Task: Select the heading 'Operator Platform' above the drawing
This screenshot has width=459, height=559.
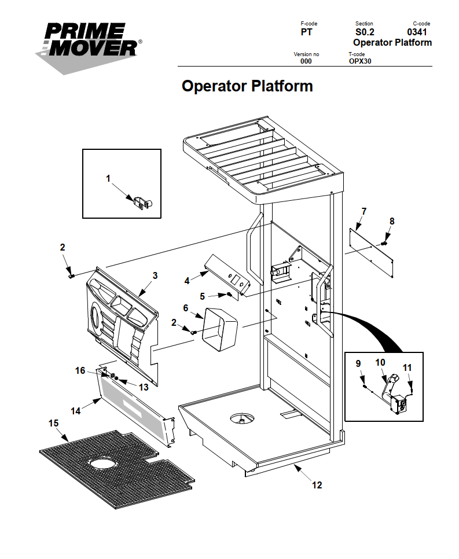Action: pyautogui.click(x=247, y=86)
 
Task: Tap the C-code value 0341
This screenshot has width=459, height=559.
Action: pyautogui.click(x=417, y=32)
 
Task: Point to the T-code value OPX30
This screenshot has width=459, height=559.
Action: pyautogui.click(x=360, y=61)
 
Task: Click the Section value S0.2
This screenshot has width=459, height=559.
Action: pyautogui.click(x=365, y=32)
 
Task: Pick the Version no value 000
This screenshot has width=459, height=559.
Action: pyautogui.click(x=306, y=61)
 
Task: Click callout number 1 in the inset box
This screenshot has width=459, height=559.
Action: pyautogui.click(x=108, y=178)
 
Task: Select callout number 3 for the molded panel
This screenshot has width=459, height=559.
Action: pyautogui.click(x=155, y=276)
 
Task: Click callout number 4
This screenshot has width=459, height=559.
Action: pyautogui.click(x=187, y=281)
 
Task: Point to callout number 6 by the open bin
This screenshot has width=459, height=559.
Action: pyautogui.click(x=186, y=308)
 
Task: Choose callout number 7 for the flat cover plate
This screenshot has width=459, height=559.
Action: pyautogui.click(x=363, y=210)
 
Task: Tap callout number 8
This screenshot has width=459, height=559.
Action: pyautogui.click(x=392, y=221)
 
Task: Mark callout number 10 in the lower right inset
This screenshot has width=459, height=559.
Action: pyautogui.click(x=380, y=363)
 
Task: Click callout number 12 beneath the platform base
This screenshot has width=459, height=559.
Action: pyautogui.click(x=317, y=485)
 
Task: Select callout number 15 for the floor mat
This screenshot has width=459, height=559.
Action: pyautogui.click(x=53, y=423)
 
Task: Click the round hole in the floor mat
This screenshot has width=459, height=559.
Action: pyautogui.click(x=102, y=464)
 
